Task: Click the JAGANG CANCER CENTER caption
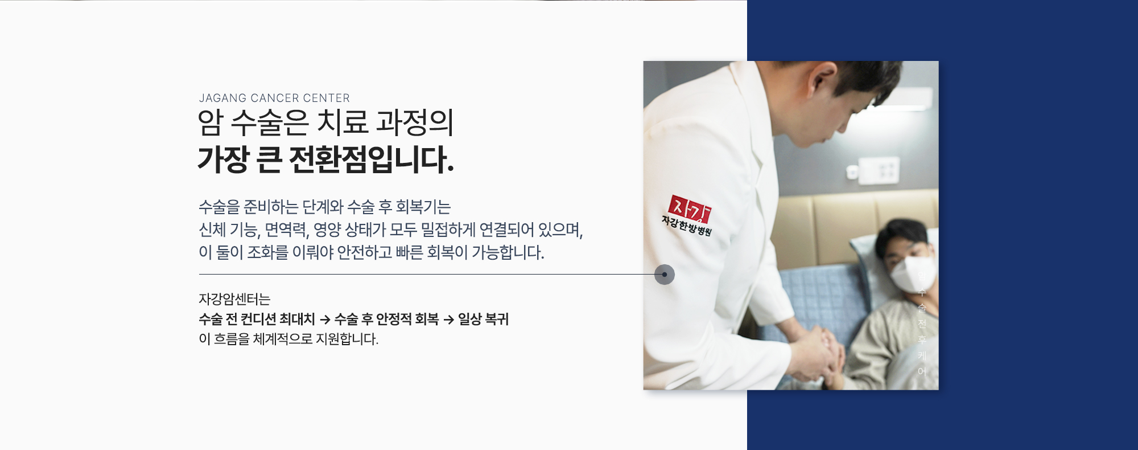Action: [274, 98]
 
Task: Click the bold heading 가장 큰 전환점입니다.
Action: [325, 159]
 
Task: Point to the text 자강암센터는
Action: [234, 299]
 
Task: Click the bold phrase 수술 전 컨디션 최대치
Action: [257, 319]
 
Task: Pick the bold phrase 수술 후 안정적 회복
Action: [386, 319]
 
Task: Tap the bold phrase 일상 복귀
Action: [483, 319]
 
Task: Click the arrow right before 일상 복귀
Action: [448, 320]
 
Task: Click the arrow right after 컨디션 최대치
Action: [325, 320]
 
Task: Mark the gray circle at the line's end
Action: [664, 275]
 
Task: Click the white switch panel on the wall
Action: [879, 170]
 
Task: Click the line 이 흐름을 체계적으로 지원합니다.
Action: [288, 339]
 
